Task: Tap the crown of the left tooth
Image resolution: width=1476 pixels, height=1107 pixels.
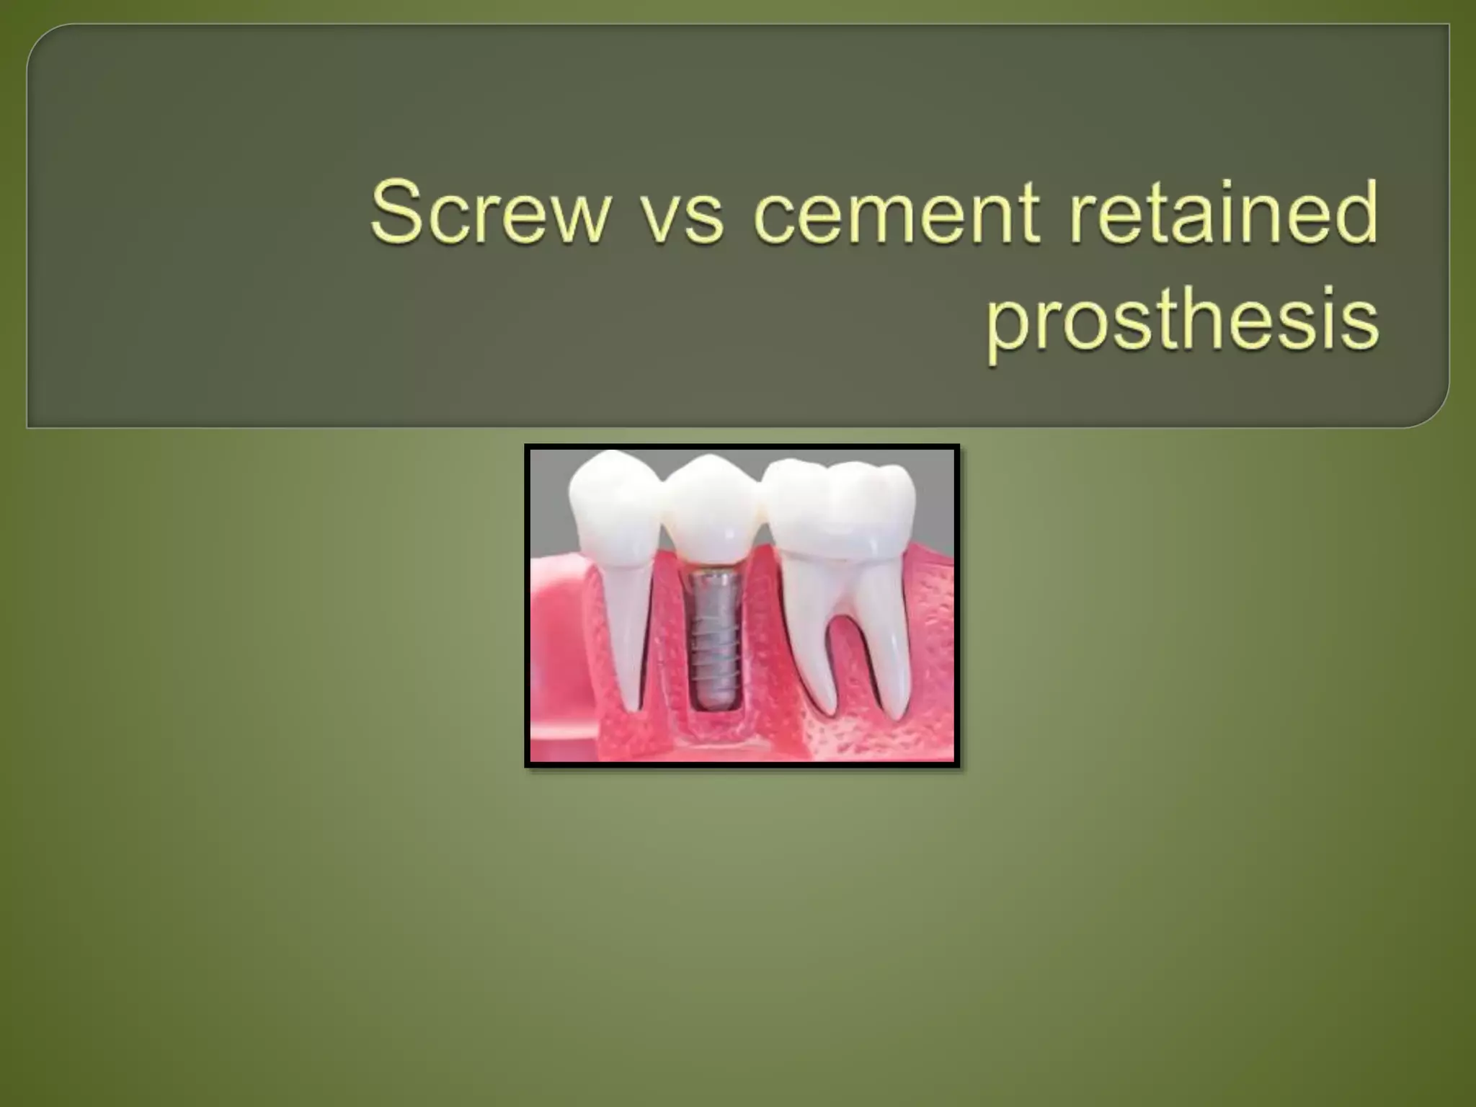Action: (613, 497)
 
